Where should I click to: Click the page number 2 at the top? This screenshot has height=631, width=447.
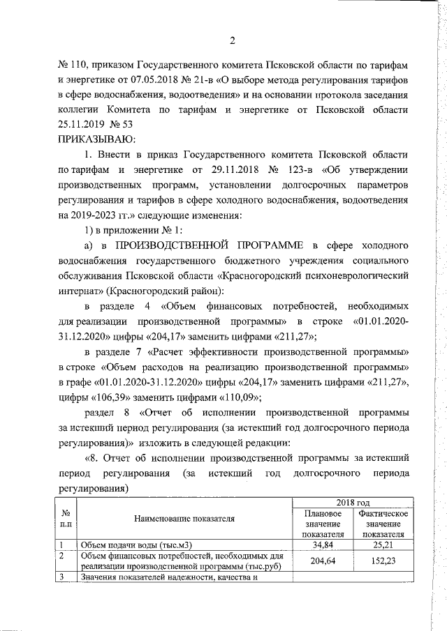[231, 40]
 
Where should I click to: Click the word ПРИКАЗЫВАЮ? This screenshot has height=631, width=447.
[97, 140]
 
